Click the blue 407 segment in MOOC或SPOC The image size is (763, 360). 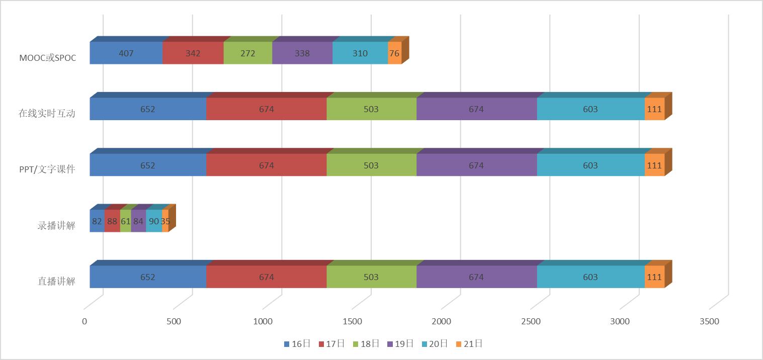pos(126,53)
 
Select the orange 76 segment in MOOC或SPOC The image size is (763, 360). pos(395,53)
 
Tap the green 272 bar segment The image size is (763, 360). pos(248,53)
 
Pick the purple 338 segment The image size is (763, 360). pos(302,53)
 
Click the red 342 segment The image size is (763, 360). pos(193,53)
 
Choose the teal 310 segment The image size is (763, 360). pos(360,53)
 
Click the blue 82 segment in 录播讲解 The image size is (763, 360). pos(97,221)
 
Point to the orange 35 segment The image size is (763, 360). pos(165,221)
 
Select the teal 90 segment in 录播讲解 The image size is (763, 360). pos(154,221)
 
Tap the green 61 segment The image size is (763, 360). pos(125,221)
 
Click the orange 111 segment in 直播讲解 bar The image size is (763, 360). pos(654,277)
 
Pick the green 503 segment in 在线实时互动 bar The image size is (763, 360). pos(371,109)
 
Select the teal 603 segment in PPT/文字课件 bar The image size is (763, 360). pos(590,165)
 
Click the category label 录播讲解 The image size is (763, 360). pos(56,225)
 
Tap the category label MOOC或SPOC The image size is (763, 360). pos(48,57)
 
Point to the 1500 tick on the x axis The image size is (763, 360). pos(352,322)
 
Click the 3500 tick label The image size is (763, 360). pos(709,322)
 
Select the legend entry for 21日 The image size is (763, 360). pos(469,344)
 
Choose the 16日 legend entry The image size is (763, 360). pos(297,344)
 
